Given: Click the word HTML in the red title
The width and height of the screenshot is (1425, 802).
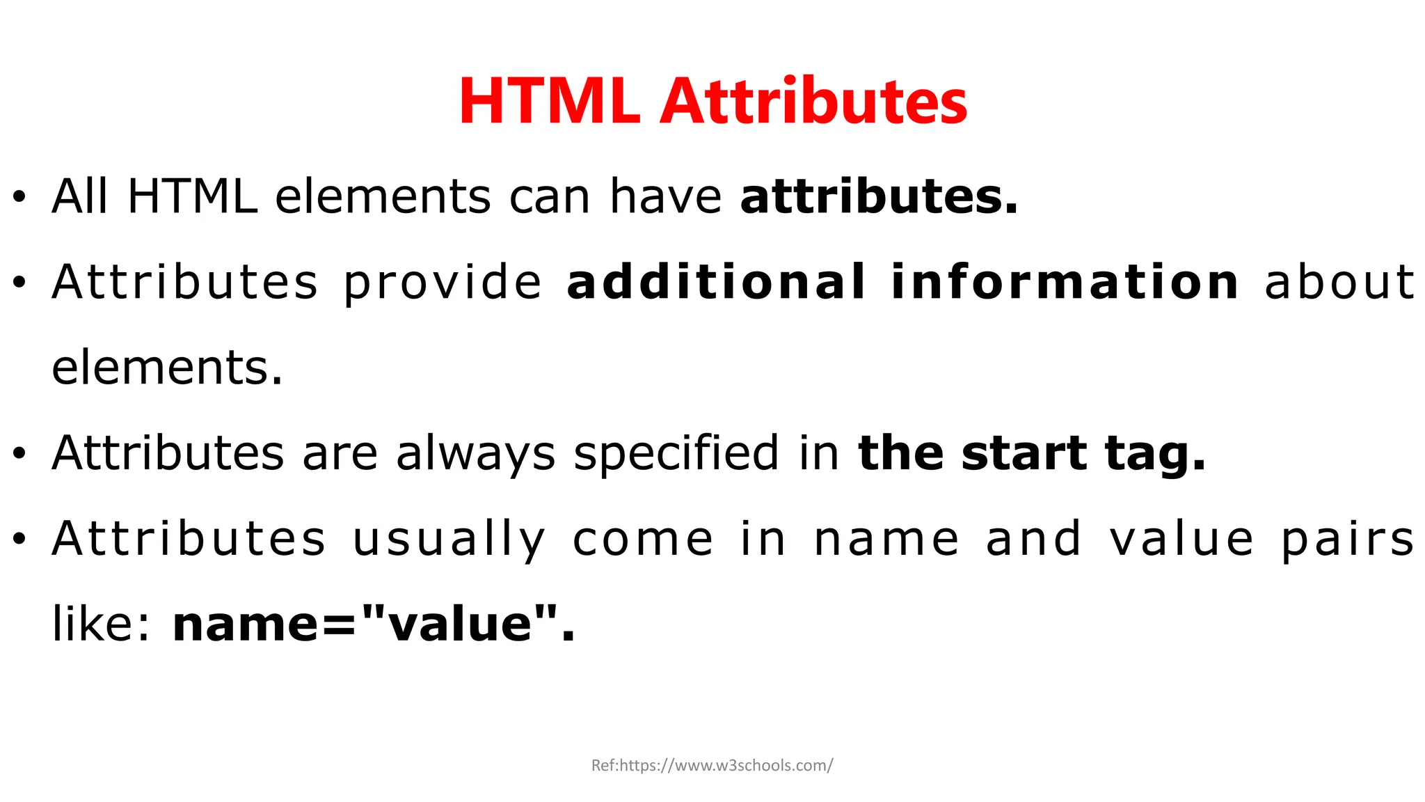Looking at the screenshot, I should [x=549, y=102].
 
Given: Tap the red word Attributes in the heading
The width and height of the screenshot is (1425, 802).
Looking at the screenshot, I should [x=813, y=102].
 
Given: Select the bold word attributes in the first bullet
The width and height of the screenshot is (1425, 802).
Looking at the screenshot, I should [x=879, y=197].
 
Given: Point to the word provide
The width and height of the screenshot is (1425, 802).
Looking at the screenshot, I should [x=443, y=283].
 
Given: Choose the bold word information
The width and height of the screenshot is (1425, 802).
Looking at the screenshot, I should [x=1065, y=282].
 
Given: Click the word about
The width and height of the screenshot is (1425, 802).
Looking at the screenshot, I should [x=1339, y=282].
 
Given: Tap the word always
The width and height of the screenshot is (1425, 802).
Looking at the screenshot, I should [x=475, y=454].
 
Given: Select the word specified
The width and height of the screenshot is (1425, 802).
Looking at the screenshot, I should [x=676, y=454].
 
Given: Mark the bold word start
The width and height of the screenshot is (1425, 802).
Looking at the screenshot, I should [x=1024, y=454].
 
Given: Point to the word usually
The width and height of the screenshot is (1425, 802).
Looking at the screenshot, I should [x=449, y=540].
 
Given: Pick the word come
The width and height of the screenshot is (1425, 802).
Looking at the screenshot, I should [x=643, y=540].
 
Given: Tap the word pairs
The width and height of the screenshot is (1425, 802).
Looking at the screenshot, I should [x=1348, y=540].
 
